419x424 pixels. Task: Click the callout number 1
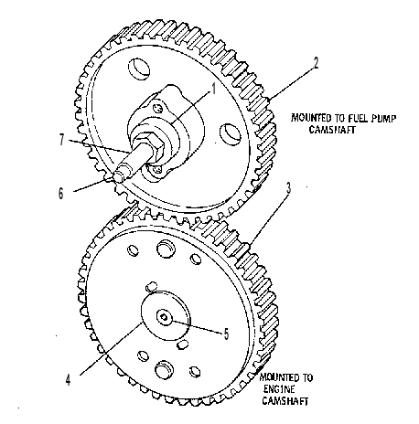[213, 90]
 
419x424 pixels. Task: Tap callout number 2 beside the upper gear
[316, 63]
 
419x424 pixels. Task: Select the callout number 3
[288, 188]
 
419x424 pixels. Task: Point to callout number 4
[68, 379]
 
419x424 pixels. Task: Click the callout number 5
[226, 334]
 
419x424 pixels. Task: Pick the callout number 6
[61, 193]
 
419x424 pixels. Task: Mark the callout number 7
[62, 140]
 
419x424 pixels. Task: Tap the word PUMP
[384, 118]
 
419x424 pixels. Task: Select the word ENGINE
[279, 389]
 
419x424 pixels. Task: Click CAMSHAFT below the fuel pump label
[332, 130]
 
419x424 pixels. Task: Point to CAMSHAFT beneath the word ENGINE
[285, 401]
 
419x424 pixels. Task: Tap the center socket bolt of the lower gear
[164, 318]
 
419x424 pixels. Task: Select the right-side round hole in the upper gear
[231, 134]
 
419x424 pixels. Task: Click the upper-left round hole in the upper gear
[139, 69]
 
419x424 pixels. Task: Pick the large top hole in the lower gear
[166, 247]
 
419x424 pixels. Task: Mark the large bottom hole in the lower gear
[164, 370]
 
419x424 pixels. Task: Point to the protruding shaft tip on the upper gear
[120, 174]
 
